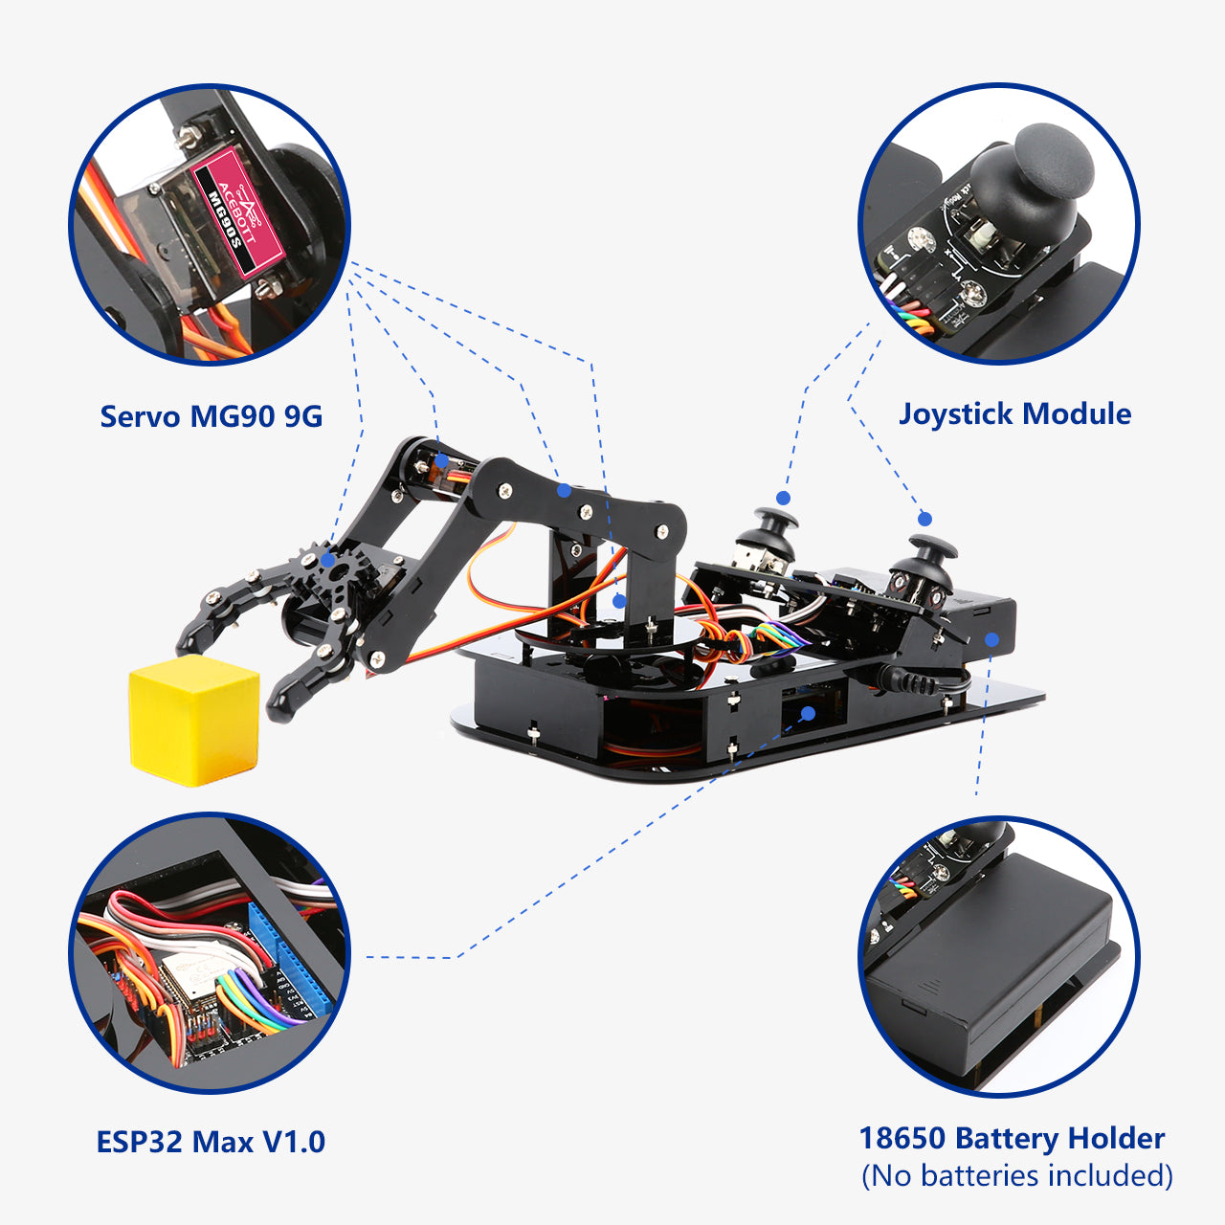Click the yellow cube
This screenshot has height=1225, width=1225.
tap(194, 720)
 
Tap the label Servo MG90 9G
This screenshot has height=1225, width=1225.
tap(211, 416)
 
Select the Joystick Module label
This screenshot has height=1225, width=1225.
tap(1014, 413)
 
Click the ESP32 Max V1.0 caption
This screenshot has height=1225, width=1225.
tap(211, 1142)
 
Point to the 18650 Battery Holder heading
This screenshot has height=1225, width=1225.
tap(1012, 1138)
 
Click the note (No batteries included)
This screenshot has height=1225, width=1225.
tap(1016, 1175)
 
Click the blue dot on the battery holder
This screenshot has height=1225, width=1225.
tap(992, 640)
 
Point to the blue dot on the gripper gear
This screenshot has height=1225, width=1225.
tap(328, 560)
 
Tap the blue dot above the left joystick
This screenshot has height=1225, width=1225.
tap(783, 498)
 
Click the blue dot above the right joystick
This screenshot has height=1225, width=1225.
tap(924, 519)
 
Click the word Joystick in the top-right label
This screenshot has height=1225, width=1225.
tap(956, 413)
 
